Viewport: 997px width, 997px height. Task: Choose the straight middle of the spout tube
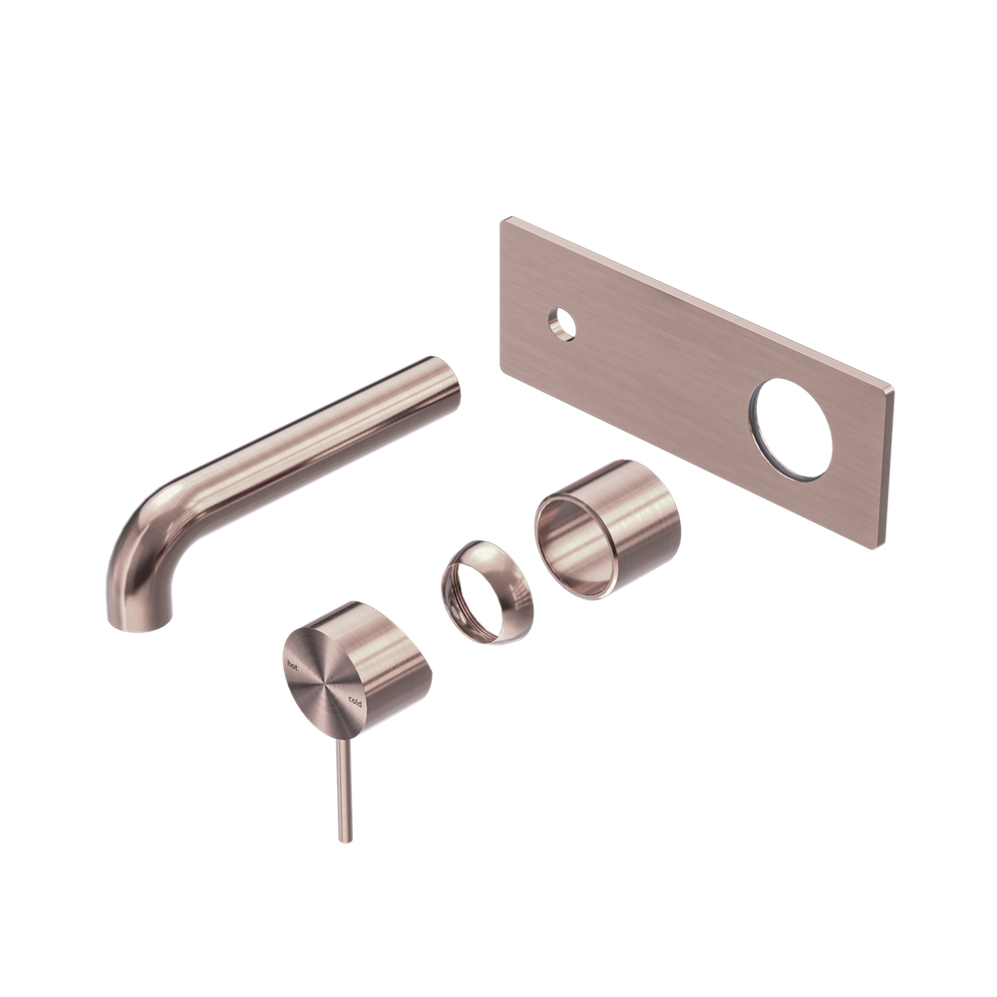[299, 439]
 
